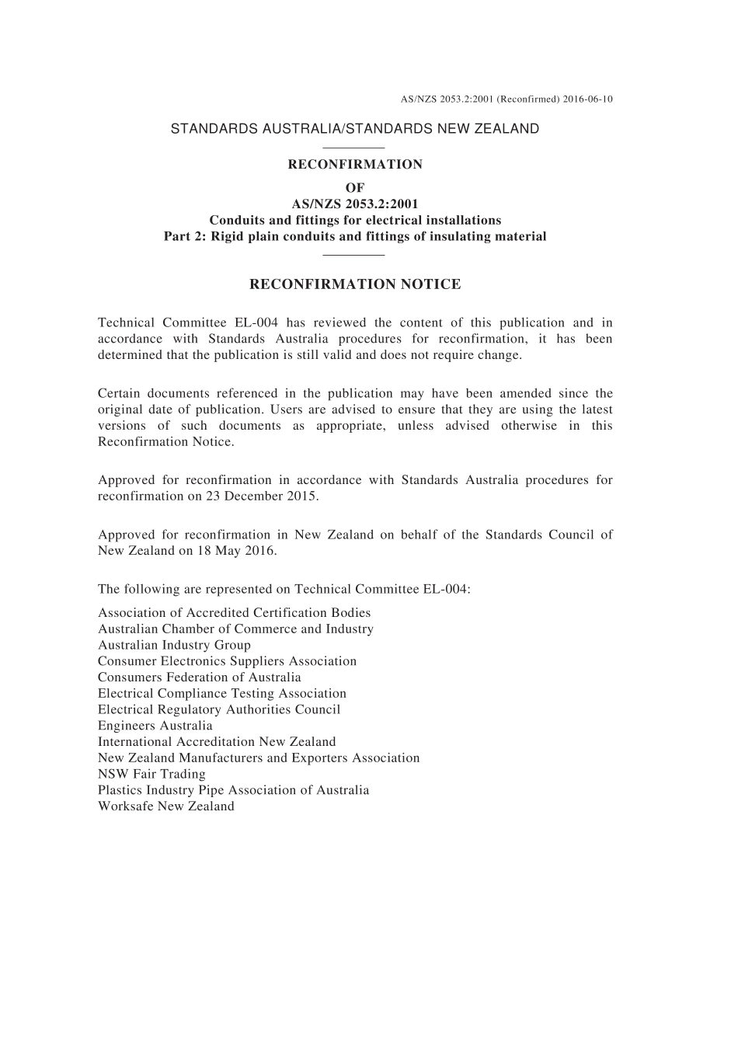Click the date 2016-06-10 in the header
click(x=588, y=99)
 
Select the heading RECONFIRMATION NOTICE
click(x=355, y=284)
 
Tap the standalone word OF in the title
click(x=355, y=187)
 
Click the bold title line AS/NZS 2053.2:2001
click(x=355, y=204)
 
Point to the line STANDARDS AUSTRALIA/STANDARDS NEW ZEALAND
click(x=354, y=129)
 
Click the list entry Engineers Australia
click(x=155, y=726)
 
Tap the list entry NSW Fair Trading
click(x=151, y=774)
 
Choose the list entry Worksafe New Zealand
click(x=166, y=806)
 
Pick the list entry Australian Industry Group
click(x=174, y=645)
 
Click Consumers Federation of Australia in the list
click(x=200, y=678)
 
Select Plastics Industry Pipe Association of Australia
click(x=234, y=790)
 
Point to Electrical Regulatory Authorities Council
click(x=219, y=709)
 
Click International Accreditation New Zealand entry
click(x=217, y=742)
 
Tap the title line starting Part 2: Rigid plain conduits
click(x=355, y=236)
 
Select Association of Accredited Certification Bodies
click(x=235, y=613)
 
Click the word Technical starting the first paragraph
click(x=125, y=323)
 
